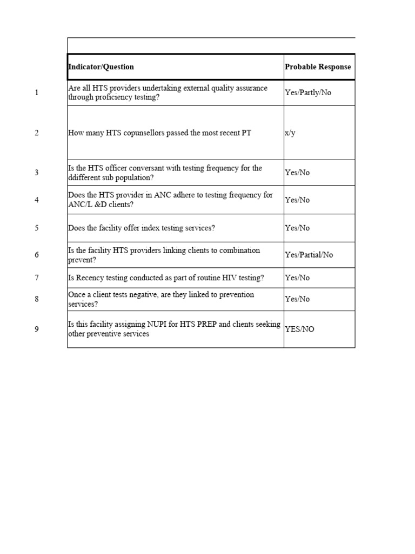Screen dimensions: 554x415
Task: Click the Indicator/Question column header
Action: point(101,67)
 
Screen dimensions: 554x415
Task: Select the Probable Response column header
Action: point(318,67)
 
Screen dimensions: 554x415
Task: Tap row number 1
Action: point(37,93)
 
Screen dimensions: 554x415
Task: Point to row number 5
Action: point(37,228)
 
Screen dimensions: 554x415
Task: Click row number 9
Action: point(37,329)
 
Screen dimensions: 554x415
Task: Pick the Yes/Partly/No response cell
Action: point(308,93)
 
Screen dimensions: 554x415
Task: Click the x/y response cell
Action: point(290,133)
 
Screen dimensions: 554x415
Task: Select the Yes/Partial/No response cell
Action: point(309,255)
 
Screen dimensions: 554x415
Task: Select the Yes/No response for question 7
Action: point(297,278)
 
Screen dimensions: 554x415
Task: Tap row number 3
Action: point(37,173)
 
